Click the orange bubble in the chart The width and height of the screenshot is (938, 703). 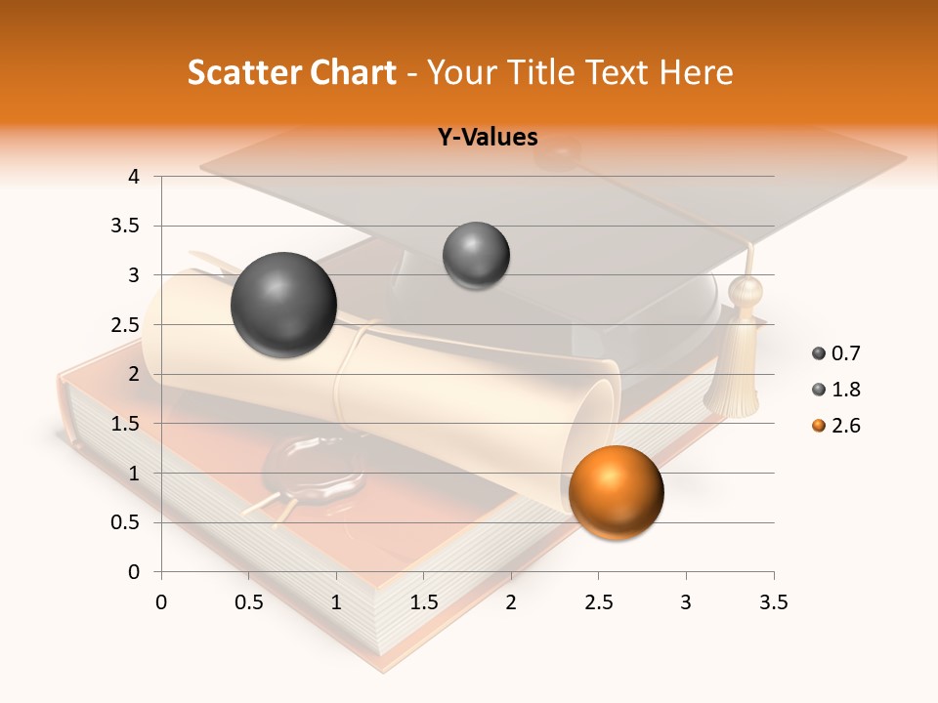[x=616, y=491]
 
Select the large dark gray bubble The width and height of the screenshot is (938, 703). [x=283, y=305]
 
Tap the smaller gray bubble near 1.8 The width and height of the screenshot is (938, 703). [x=476, y=256]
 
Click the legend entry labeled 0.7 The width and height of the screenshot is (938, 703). [x=836, y=353]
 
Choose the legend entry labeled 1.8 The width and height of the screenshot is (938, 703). [x=836, y=390]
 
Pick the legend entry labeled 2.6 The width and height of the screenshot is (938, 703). [x=836, y=426]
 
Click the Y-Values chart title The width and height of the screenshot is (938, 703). [x=487, y=138]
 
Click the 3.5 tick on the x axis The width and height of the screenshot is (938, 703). [x=773, y=602]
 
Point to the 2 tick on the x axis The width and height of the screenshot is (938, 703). [x=511, y=602]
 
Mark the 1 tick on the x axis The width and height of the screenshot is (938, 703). [x=336, y=602]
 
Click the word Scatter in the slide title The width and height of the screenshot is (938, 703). [x=241, y=72]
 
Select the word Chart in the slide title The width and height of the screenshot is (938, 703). [x=351, y=72]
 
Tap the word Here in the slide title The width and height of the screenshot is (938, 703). [x=695, y=72]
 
